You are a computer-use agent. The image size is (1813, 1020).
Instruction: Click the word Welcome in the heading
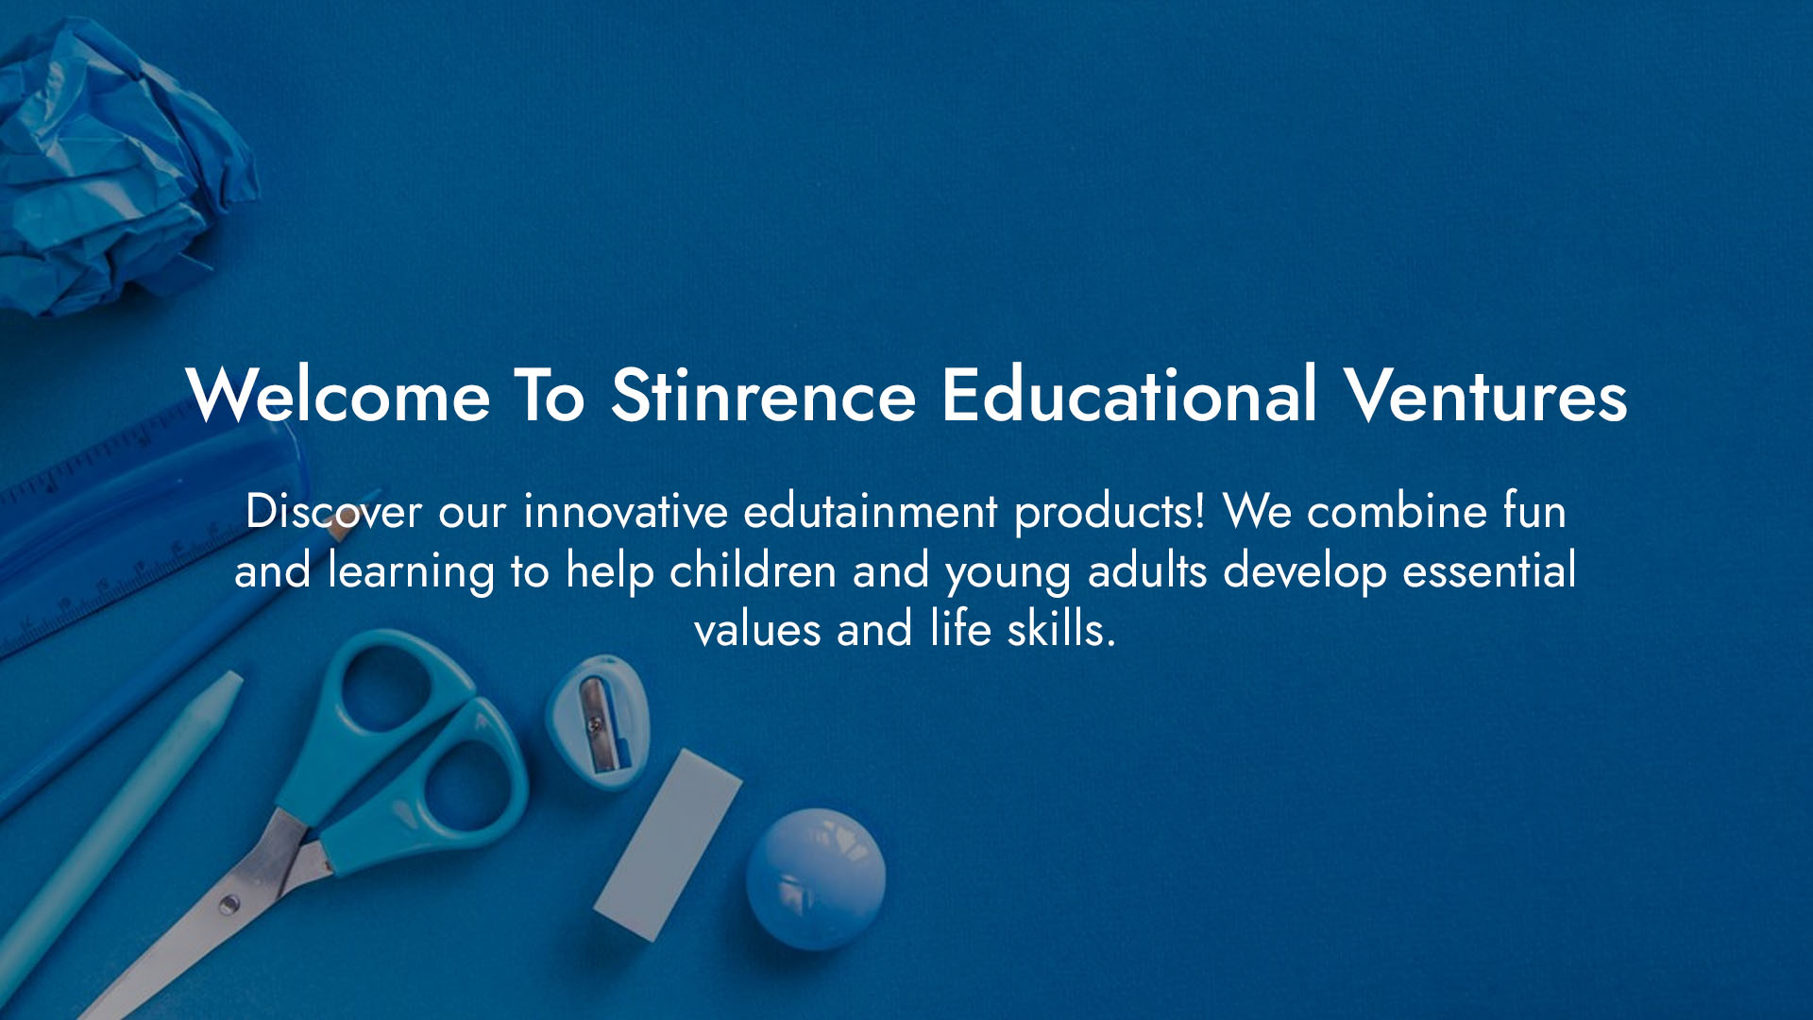[338, 395]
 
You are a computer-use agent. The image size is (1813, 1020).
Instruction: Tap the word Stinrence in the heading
[763, 395]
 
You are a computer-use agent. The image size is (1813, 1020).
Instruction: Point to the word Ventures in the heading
[1485, 395]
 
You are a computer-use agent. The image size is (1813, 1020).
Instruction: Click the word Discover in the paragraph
[333, 511]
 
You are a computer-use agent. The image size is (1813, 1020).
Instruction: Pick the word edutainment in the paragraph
[871, 511]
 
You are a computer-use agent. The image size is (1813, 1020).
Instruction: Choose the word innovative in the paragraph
[625, 511]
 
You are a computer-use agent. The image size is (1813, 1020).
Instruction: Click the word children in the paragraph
[753, 570]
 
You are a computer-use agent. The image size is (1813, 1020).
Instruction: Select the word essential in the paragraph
[1489, 570]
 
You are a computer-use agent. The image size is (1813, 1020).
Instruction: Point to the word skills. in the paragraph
[1060, 629]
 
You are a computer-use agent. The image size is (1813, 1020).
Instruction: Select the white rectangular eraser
[668, 844]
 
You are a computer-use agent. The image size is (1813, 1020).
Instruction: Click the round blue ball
[816, 878]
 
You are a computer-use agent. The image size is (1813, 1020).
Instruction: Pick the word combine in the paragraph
[1397, 511]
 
